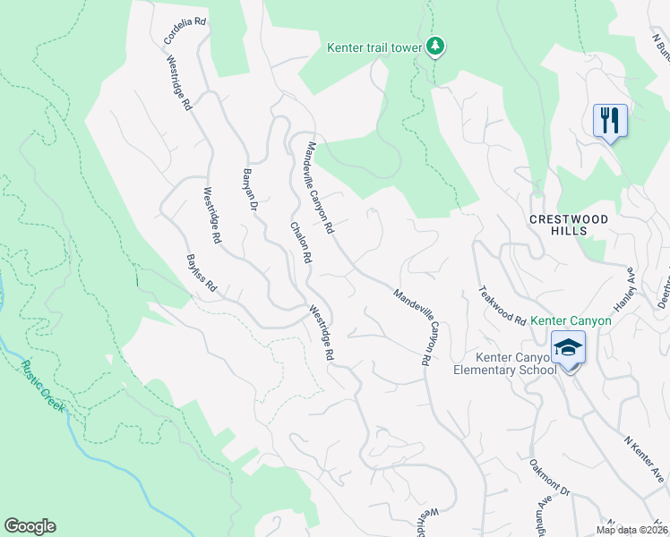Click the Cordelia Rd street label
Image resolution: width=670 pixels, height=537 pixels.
(185, 29)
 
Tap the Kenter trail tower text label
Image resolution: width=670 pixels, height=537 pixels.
(375, 47)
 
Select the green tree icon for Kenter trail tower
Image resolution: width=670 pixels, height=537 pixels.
(435, 46)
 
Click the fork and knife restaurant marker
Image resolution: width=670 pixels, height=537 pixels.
(610, 120)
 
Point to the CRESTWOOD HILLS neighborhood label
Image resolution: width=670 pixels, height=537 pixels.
(568, 225)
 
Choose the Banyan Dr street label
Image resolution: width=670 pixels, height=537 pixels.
(251, 190)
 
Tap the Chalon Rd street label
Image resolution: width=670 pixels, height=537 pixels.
(299, 242)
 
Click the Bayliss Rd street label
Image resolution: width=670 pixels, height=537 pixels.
(202, 273)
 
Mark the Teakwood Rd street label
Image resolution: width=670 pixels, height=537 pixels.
(502, 304)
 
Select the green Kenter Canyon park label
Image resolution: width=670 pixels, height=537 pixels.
(571, 320)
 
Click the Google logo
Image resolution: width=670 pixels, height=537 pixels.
(30, 526)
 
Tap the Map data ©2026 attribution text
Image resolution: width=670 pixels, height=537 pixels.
(631, 530)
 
